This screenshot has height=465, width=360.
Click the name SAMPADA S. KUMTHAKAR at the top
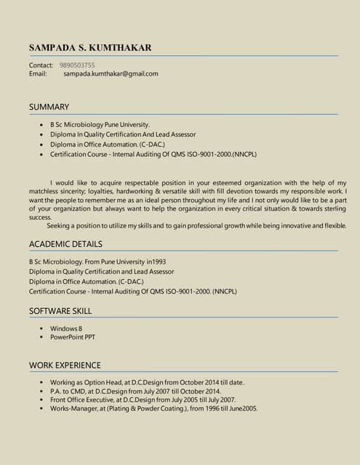(90, 48)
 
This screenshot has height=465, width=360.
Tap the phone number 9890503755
(76, 65)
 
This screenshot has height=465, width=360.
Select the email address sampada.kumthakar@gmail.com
(111, 73)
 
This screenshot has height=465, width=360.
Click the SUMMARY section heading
(49, 107)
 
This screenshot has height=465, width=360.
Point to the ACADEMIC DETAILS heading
(65, 244)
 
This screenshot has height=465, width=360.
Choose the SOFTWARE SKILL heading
(60, 311)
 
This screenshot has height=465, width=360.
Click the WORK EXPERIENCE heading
(65, 365)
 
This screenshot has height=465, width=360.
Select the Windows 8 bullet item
(66, 329)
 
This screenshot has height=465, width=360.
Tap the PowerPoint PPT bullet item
(73, 337)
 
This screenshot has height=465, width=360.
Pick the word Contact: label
(41, 65)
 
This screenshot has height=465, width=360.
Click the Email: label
(38, 73)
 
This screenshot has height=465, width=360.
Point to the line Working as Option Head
(147, 382)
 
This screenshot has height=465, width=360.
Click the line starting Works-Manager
(153, 408)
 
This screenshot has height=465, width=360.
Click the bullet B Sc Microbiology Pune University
(100, 125)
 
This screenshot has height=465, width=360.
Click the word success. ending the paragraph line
(41, 217)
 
